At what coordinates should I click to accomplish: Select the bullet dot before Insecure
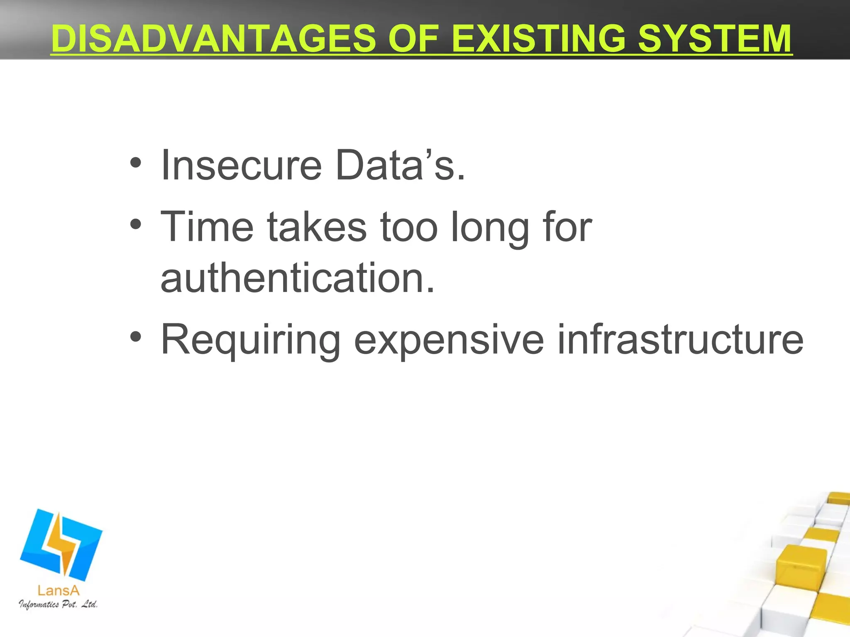tap(135, 163)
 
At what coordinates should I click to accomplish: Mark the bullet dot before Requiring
tap(135, 337)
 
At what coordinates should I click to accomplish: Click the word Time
tap(207, 227)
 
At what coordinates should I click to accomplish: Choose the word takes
tap(317, 227)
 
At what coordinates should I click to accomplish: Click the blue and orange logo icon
tap(61, 544)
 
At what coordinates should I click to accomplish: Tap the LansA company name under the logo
tap(58, 590)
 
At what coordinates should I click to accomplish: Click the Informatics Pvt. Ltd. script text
tap(58, 604)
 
